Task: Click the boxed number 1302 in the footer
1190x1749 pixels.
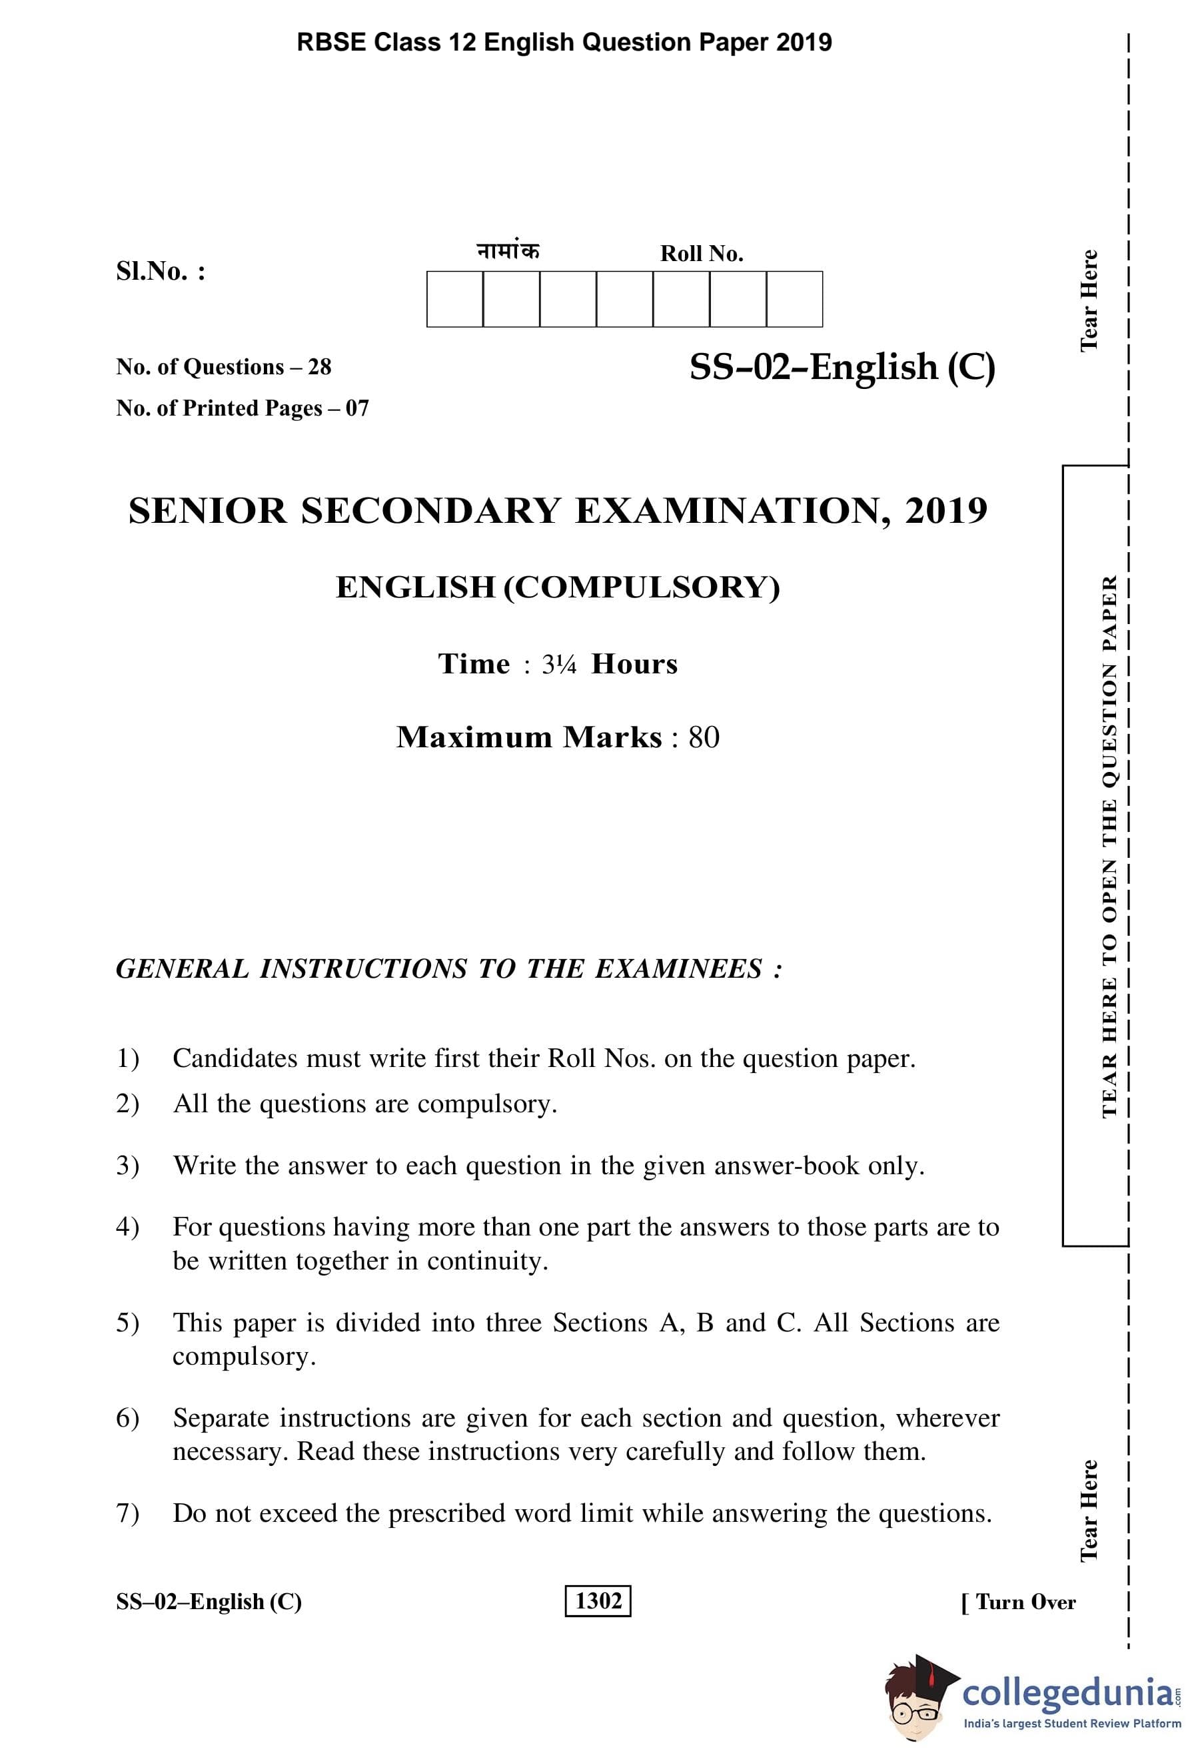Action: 598,1600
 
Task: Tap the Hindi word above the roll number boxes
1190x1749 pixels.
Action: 508,250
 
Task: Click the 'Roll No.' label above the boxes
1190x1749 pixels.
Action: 702,254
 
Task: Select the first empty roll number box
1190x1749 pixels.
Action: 454,300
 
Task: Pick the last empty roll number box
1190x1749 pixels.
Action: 794,300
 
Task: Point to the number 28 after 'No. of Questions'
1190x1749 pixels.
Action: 319,367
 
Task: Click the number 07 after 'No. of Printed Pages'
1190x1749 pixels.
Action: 358,409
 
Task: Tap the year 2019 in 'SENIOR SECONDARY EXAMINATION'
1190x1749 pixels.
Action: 945,511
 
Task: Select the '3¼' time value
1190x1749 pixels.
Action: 558,665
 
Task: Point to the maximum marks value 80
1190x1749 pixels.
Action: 704,737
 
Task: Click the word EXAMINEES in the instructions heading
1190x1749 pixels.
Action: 678,969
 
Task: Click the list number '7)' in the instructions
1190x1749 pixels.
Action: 127,1513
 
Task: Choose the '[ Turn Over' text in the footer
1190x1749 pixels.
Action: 1018,1602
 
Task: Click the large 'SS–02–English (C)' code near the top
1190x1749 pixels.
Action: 842,367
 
